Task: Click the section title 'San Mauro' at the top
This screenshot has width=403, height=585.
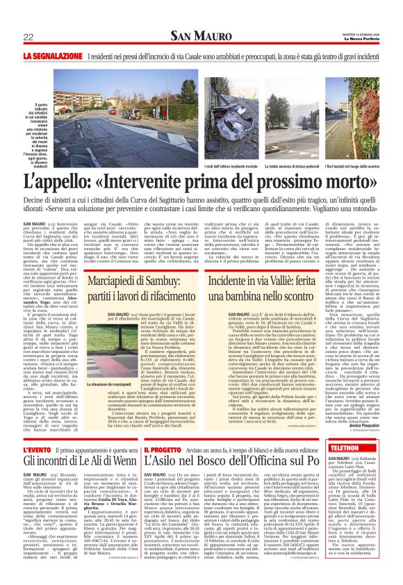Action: pos(201,36)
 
